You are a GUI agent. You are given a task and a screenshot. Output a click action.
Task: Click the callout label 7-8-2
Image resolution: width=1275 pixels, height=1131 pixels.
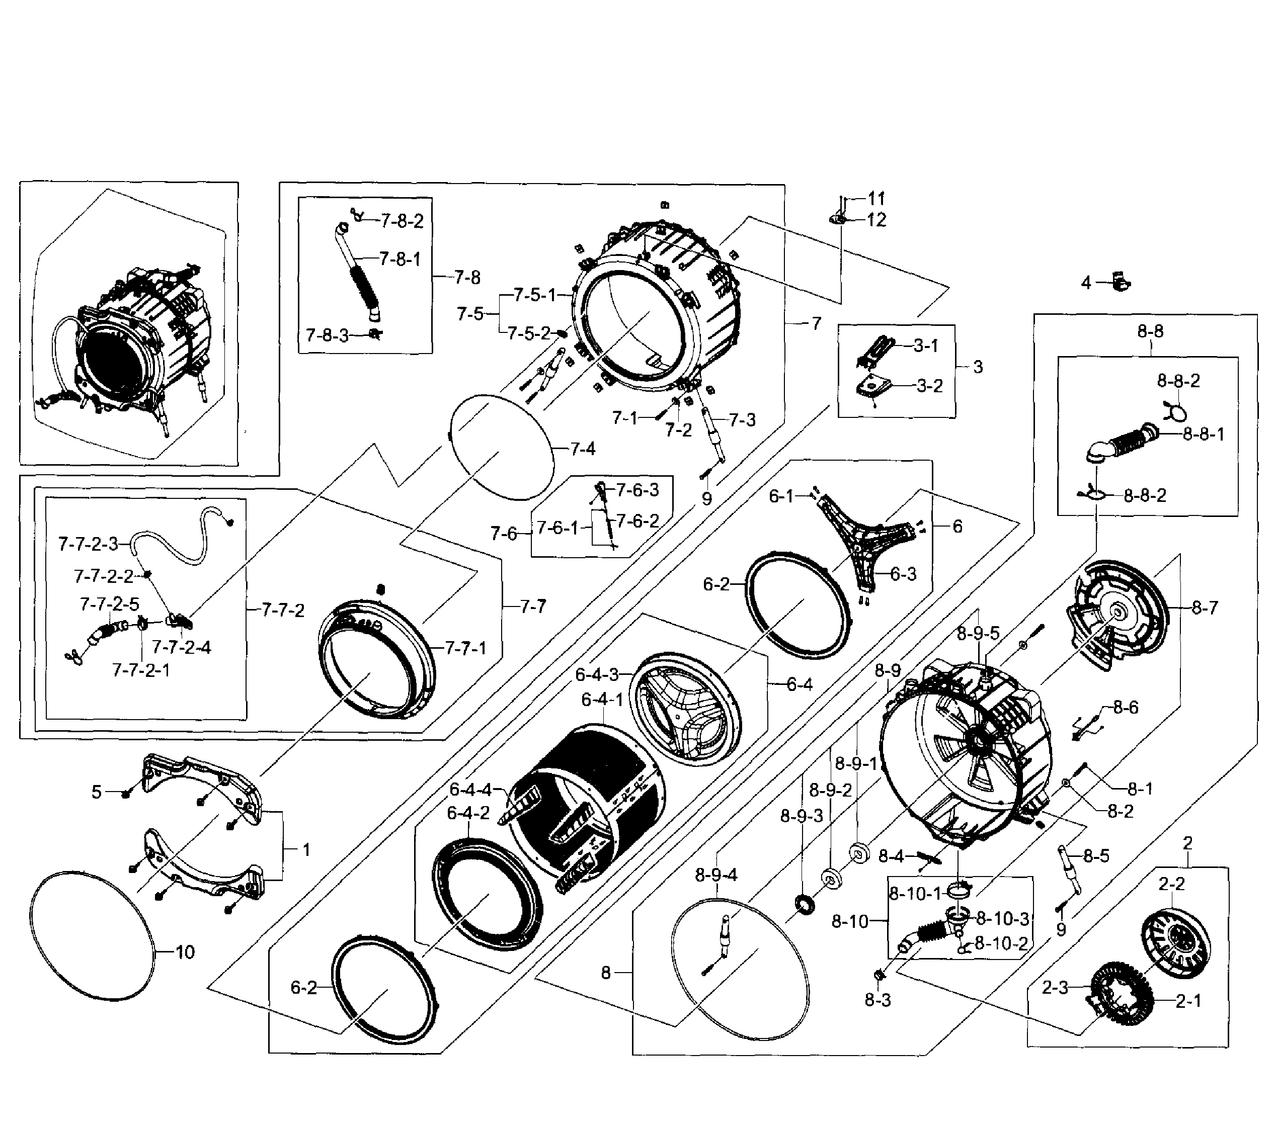[403, 221]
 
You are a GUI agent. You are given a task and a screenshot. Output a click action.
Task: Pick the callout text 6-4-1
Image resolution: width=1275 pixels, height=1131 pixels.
[602, 700]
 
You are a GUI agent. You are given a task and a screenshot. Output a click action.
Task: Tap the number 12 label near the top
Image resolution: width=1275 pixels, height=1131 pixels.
[876, 220]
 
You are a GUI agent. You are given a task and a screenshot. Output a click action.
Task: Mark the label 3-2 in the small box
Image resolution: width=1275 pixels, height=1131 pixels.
[929, 385]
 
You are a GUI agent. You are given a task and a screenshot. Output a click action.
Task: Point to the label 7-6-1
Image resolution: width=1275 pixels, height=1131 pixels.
[557, 528]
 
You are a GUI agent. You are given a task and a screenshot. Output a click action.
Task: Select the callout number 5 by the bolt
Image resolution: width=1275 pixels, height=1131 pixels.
[96, 792]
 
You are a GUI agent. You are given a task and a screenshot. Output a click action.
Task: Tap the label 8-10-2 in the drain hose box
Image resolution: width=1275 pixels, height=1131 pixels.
[1001, 943]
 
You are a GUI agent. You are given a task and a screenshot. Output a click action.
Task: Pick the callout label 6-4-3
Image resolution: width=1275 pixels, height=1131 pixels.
[596, 674]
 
